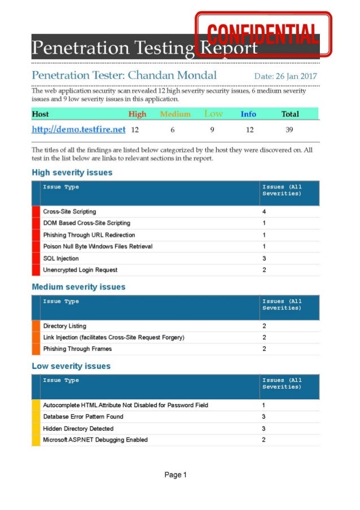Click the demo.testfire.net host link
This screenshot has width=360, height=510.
(78, 129)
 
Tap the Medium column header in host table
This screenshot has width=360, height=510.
(175, 114)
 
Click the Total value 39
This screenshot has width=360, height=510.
(289, 130)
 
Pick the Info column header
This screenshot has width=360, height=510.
(248, 114)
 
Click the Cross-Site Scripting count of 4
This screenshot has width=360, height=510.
(264, 212)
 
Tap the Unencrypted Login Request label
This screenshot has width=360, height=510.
(80, 270)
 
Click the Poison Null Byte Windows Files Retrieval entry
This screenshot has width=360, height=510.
(98, 246)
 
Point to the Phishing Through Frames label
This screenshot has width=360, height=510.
(77, 349)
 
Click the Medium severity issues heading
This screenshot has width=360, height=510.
(78, 287)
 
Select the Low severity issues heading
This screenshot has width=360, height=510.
(71, 366)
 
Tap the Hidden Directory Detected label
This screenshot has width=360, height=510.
(78, 429)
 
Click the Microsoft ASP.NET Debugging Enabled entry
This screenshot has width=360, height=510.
(95, 440)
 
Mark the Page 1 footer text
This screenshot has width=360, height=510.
(175, 475)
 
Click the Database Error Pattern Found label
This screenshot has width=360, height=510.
(83, 417)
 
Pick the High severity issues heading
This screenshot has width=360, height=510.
(72, 172)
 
